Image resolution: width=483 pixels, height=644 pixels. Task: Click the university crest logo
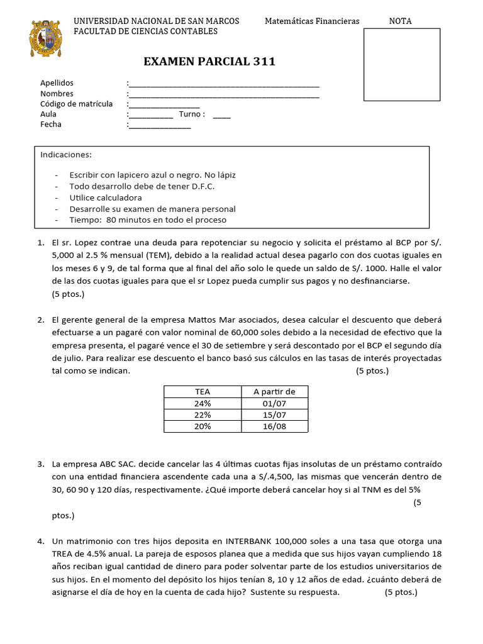[46, 43]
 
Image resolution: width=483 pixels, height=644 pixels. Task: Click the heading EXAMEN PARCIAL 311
[209, 62]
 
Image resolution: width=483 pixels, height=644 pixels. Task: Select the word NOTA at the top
[401, 21]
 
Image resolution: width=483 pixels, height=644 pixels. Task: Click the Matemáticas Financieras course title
[312, 21]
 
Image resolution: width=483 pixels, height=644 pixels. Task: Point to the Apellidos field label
[57, 83]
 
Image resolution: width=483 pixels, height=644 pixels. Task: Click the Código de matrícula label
[76, 104]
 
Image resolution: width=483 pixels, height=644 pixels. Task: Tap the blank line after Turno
[221, 114]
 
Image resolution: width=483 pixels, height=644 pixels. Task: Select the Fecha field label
[51, 125]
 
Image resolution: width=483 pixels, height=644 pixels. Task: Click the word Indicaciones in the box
[66, 155]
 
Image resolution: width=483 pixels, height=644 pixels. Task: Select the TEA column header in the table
[203, 391]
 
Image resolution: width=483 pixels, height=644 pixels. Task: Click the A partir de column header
[274, 391]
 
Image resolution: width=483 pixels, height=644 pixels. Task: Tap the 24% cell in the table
[203, 403]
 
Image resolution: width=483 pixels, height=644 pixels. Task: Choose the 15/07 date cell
[274, 415]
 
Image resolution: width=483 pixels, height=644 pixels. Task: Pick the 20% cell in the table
[203, 426]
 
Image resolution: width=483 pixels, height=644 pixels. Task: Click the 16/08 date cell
[274, 426]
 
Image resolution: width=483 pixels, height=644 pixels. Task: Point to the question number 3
[40, 464]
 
